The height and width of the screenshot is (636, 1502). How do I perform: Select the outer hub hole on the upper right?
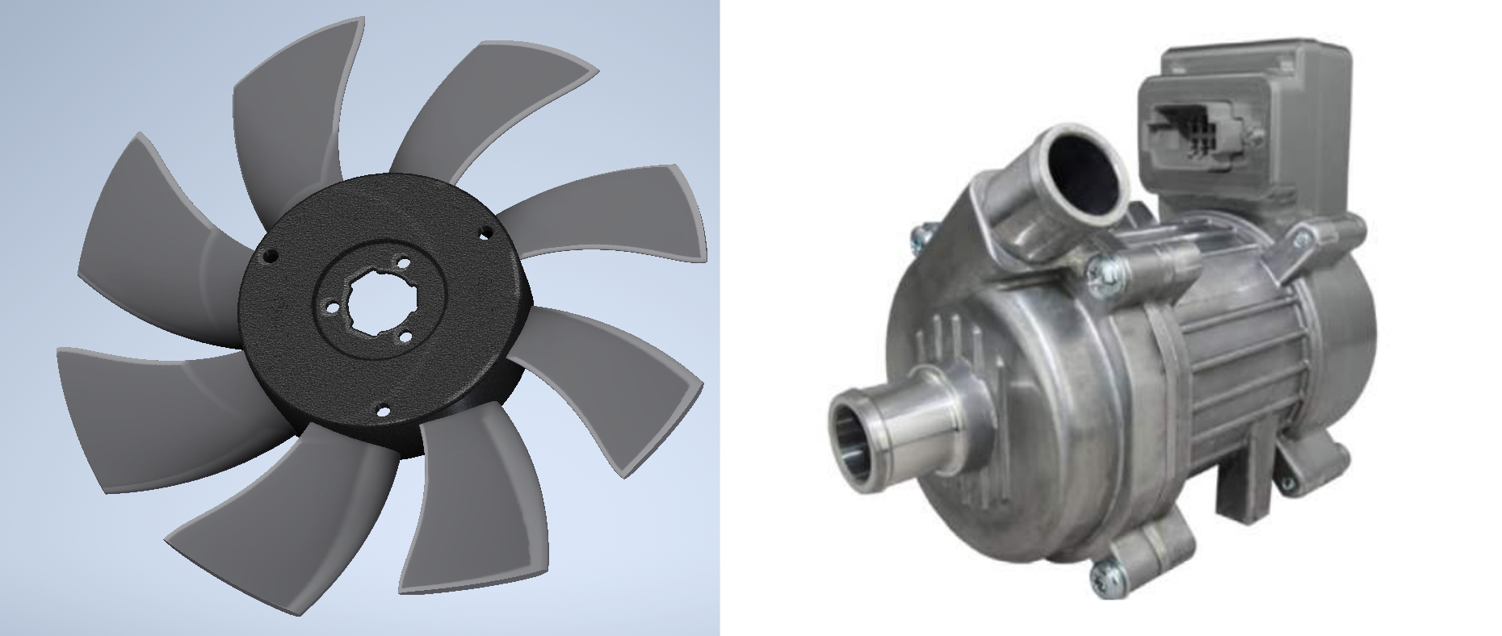pyautogui.click(x=486, y=232)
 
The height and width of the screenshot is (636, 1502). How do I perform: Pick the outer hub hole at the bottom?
pyautogui.click(x=384, y=412)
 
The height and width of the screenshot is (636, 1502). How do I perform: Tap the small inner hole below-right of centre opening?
pyautogui.click(x=406, y=337)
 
